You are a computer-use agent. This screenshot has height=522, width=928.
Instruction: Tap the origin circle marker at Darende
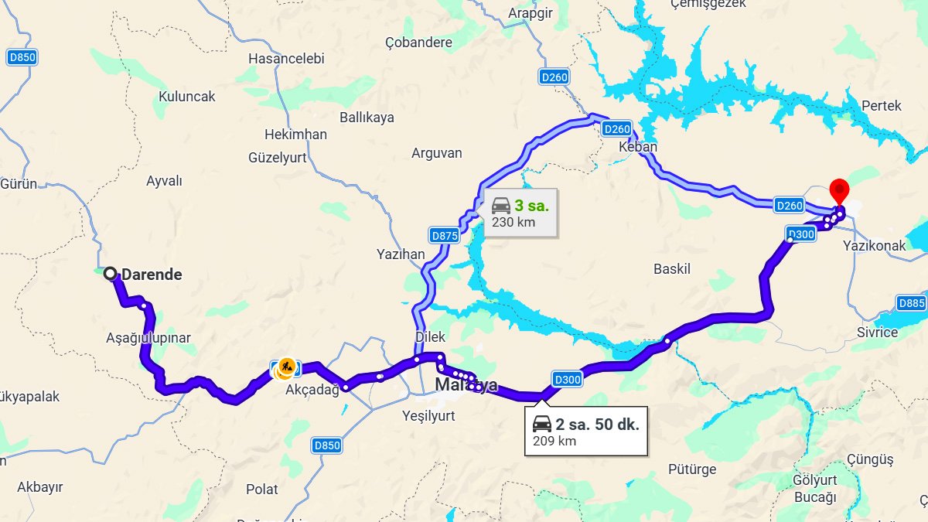point(111,274)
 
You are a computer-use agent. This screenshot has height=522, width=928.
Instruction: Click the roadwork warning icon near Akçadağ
point(286,368)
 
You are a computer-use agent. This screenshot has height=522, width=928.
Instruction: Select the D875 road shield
point(444,236)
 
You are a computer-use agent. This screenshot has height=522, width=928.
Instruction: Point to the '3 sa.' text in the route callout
point(531,206)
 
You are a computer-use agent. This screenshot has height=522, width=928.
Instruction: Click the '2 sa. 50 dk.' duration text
point(597,425)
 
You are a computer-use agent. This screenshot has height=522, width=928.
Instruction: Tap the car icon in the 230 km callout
point(501,206)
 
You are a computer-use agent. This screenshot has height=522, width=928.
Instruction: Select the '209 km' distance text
point(554,442)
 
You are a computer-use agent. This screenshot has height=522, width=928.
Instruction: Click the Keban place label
point(638,147)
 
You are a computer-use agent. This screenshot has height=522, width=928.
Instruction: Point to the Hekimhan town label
point(295,135)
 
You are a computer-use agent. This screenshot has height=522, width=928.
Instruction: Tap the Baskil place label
point(671,269)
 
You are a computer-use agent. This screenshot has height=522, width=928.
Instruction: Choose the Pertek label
point(882,106)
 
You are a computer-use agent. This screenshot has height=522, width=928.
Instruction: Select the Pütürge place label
point(692,469)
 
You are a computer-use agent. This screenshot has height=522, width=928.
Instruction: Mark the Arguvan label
point(436,154)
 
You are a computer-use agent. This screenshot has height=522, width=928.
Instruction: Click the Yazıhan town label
point(401,254)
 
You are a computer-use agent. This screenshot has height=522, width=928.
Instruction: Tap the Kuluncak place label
point(186,97)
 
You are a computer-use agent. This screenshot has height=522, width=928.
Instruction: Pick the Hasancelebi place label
point(286,59)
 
